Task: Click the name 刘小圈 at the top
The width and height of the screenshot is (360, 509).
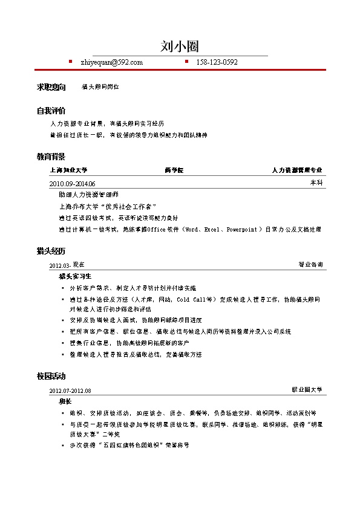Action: [180, 47]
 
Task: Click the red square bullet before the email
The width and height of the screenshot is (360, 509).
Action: [70, 62]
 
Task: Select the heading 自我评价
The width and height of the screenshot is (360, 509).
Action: [51, 111]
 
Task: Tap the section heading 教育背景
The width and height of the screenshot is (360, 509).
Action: [51, 157]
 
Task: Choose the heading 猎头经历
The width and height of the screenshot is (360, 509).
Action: [51, 251]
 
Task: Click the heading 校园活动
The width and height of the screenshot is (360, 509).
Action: [51, 377]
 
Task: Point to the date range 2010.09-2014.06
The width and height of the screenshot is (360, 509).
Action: [72, 183]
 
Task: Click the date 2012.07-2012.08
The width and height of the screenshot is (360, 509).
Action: [70, 391]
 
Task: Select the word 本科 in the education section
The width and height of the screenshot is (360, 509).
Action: [316, 183]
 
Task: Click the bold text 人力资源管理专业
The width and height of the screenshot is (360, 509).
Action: [297, 170]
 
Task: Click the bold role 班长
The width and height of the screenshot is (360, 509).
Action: [65, 401]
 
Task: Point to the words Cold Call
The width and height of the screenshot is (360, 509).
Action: [190, 299]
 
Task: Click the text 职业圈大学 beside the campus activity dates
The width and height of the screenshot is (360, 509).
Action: [307, 390]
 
